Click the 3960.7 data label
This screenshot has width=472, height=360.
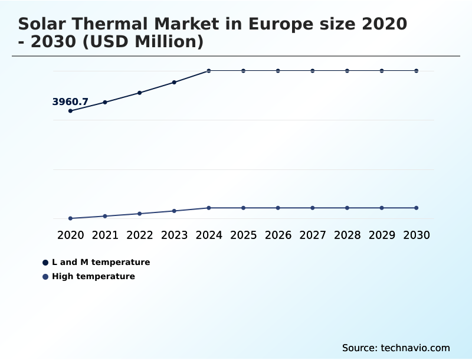(x=70, y=102)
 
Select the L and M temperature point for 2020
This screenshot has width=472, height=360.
(x=71, y=111)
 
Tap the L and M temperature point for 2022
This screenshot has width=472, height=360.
(x=140, y=93)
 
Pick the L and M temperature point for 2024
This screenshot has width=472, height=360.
(x=209, y=71)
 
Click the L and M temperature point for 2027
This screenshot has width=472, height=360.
(x=313, y=71)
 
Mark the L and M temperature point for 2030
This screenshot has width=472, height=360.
(x=417, y=71)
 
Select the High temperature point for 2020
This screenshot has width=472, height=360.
(x=71, y=218)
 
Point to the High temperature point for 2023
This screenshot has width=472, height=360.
(x=174, y=211)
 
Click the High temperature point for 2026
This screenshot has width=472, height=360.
(x=278, y=208)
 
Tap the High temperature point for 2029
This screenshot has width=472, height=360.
(x=382, y=208)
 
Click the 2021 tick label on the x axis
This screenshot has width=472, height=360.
(x=105, y=235)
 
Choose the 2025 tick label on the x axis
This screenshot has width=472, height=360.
(x=243, y=235)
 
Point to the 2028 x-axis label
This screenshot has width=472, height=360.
(x=347, y=235)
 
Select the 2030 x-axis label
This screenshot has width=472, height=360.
(x=417, y=235)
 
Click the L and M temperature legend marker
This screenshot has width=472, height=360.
(x=45, y=263)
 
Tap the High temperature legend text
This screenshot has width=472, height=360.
(x=93, y=276)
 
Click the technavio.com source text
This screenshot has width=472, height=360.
(x=415, y=348)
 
